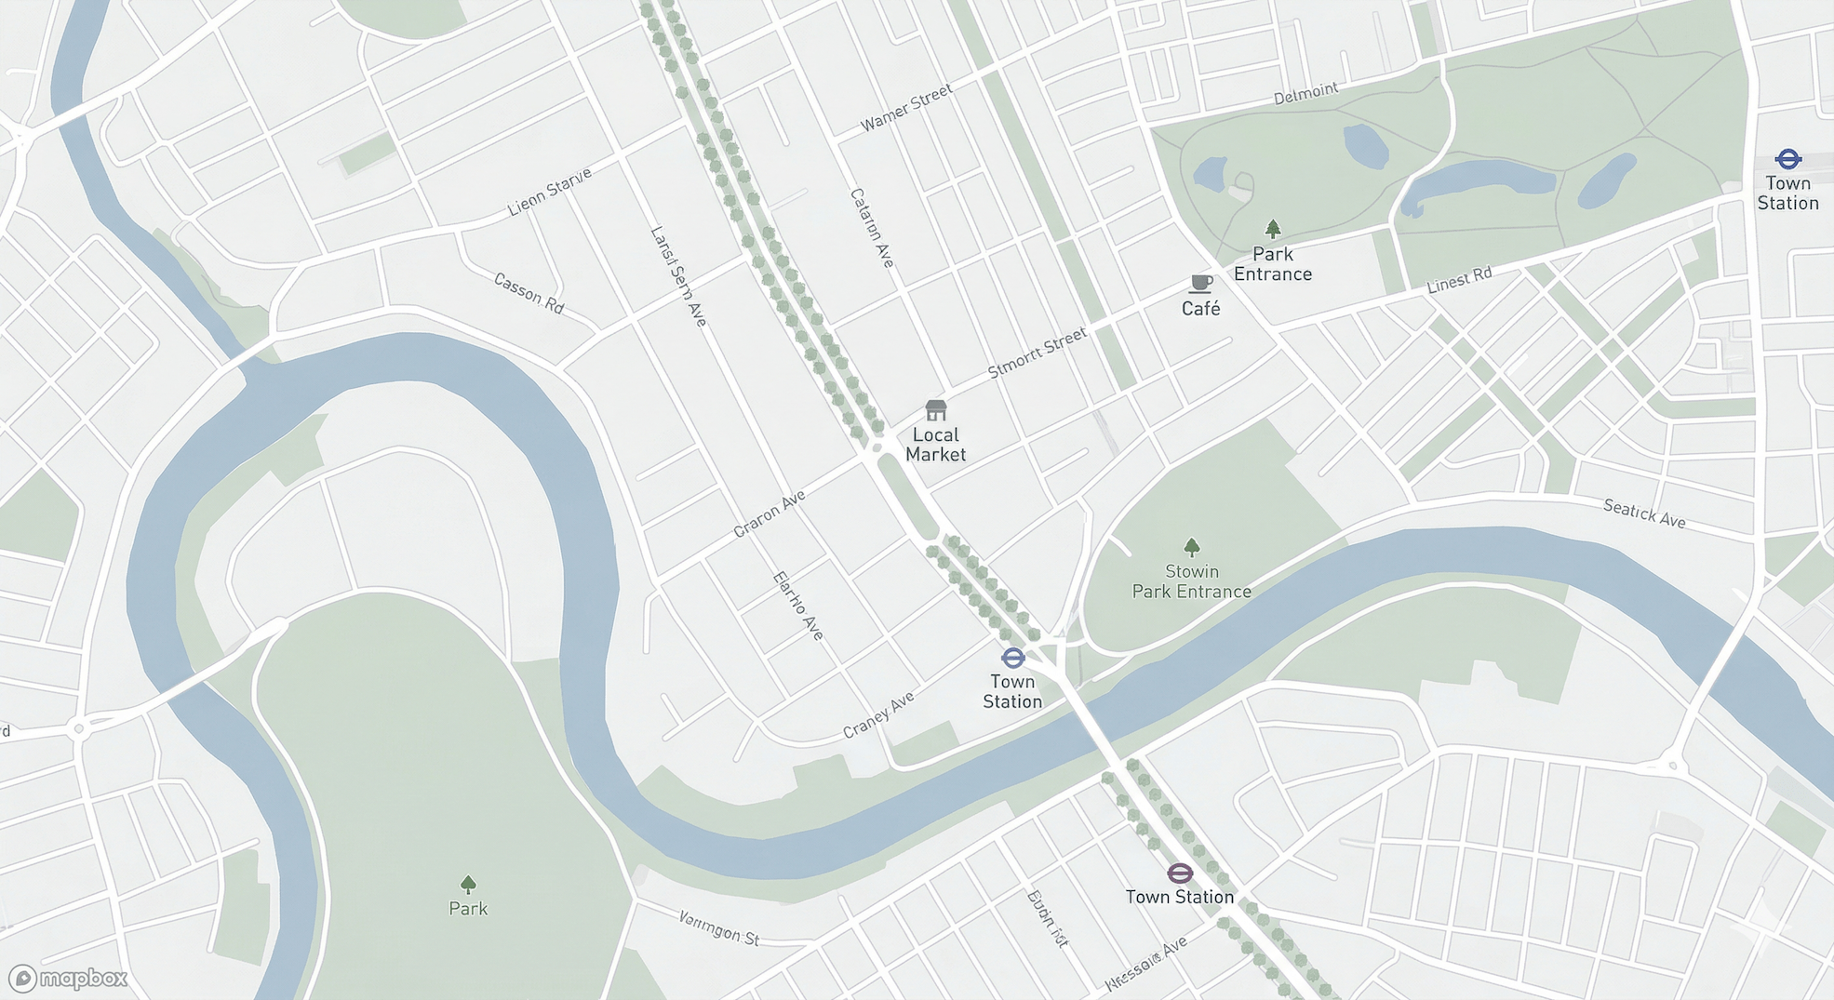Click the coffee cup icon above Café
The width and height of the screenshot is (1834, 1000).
pos(1200,283)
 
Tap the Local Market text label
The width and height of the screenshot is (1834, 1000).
pos(935,445)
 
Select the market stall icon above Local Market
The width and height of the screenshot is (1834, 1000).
pos(935,409)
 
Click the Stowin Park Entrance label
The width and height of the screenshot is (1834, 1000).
pos(1191,581)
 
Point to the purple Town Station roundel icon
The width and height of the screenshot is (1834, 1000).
pos(1179,873)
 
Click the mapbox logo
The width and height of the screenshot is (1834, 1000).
pos(68,978)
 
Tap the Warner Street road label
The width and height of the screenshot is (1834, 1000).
pos(906,108)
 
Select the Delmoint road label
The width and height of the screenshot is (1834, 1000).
pos(1305,93)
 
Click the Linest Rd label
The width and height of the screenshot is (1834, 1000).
pos(1459,280)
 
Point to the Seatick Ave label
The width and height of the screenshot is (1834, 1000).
pos(1644,513)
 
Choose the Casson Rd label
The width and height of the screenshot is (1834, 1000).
pos(529,293)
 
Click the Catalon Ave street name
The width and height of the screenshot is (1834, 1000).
pos(872,228)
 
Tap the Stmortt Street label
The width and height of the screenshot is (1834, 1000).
pos(1037,353)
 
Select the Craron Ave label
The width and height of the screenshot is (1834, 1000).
pos(769,514)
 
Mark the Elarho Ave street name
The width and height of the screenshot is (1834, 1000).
pos(798,606)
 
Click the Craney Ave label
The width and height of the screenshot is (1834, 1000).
pos(878,714)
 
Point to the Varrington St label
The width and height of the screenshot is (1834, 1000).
pos(718,927)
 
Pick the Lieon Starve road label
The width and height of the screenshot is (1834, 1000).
pos(549,192)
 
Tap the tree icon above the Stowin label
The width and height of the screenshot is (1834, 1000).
pos(1191,546)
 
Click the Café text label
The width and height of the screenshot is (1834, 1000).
pos(1200,309)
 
